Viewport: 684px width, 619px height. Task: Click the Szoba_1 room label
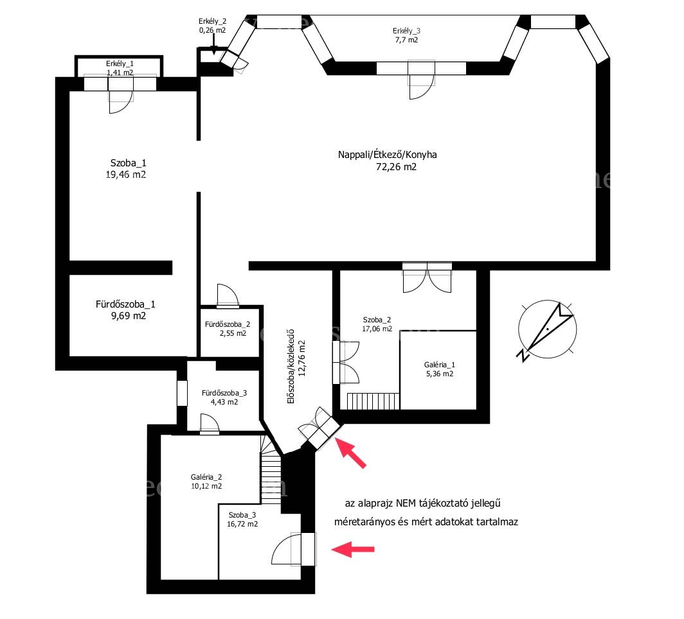129,163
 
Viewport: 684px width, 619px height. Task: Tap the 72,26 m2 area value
396,167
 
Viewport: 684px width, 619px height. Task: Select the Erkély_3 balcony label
406,31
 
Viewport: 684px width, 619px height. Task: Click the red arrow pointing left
353,549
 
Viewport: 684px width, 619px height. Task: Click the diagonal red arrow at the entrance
350,453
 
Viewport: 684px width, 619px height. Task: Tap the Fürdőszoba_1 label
125,304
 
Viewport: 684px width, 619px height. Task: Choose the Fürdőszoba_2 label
228,324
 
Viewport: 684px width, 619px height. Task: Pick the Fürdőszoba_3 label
224,393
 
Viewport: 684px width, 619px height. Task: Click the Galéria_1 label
439,365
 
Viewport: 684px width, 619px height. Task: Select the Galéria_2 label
206,477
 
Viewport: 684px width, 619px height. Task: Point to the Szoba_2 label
377,320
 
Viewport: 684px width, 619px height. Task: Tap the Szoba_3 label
242,515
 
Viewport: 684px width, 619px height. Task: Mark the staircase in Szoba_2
373,401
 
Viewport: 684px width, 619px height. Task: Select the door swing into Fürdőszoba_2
228,295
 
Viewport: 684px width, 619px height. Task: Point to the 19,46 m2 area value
125,175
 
